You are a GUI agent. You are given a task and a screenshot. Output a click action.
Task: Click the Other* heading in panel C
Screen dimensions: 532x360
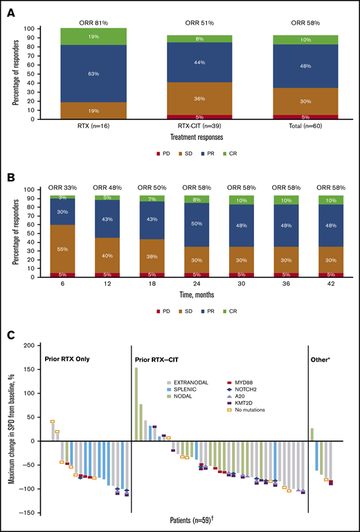pos(325,359)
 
